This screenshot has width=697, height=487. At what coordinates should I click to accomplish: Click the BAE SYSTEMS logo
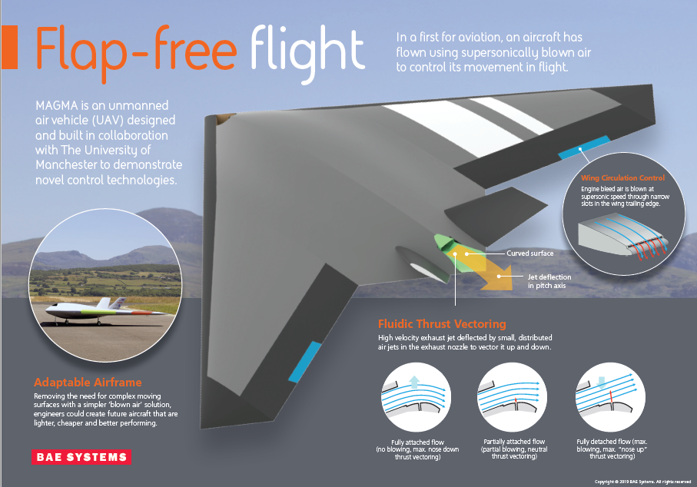81,457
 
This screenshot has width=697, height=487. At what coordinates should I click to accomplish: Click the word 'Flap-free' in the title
135,48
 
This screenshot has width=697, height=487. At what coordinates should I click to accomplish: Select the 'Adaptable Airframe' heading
88,382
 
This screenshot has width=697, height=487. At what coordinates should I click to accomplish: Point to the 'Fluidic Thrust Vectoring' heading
441,323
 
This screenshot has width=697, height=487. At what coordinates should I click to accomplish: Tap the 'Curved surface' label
529,252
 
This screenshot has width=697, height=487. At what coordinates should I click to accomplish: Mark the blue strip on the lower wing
304,360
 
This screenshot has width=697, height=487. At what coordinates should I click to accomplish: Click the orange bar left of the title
8,47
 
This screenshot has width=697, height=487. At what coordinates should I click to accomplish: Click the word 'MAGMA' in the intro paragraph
60,105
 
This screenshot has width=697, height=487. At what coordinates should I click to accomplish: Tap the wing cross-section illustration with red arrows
616,234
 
